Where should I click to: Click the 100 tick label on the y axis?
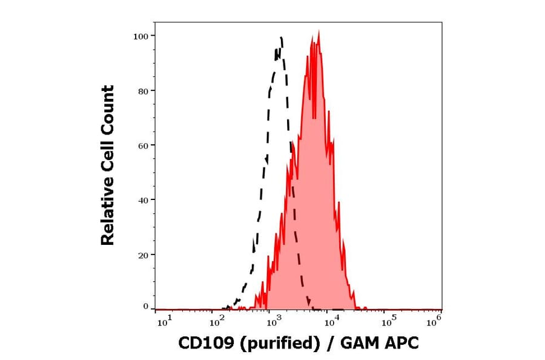coord(140,36)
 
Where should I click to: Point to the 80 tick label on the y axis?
coord(142,91)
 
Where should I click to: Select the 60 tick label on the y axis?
coord(142,145)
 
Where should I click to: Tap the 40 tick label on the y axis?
coord(142,200)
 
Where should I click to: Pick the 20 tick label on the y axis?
coord(142,255)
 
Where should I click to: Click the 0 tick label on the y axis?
coord(145,307)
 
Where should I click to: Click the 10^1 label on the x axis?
coord(165,322)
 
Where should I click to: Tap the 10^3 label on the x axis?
coord(271,322)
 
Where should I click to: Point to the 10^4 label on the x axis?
coord(329,322)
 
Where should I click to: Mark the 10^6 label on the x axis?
coord(434,322)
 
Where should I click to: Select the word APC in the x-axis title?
coord(401,344)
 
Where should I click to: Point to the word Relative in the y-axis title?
coord(108,216)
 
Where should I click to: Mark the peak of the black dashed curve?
coord(282,38)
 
